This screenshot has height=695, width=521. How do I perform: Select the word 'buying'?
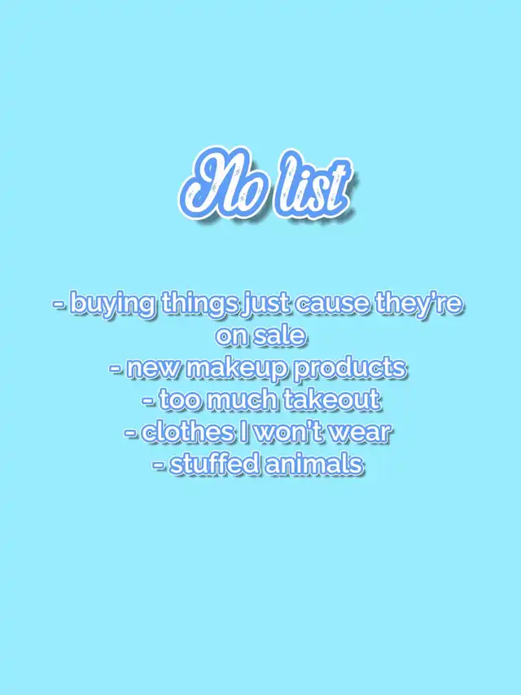click(x=113, y=306)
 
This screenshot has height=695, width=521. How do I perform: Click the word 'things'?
click(x=199, y=305)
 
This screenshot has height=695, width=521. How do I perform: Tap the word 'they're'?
click(x=418, y=305)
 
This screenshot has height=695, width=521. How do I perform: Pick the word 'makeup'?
click(x=237, y=369)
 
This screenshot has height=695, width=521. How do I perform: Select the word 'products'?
click(x=350, y=369)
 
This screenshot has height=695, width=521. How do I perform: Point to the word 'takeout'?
click(x=331, y=399)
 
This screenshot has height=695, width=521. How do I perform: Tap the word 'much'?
click(x=243, y=399)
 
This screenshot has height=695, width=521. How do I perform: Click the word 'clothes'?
click(x=187, y=432)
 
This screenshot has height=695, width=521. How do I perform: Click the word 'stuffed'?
click(x=214, y=464)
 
